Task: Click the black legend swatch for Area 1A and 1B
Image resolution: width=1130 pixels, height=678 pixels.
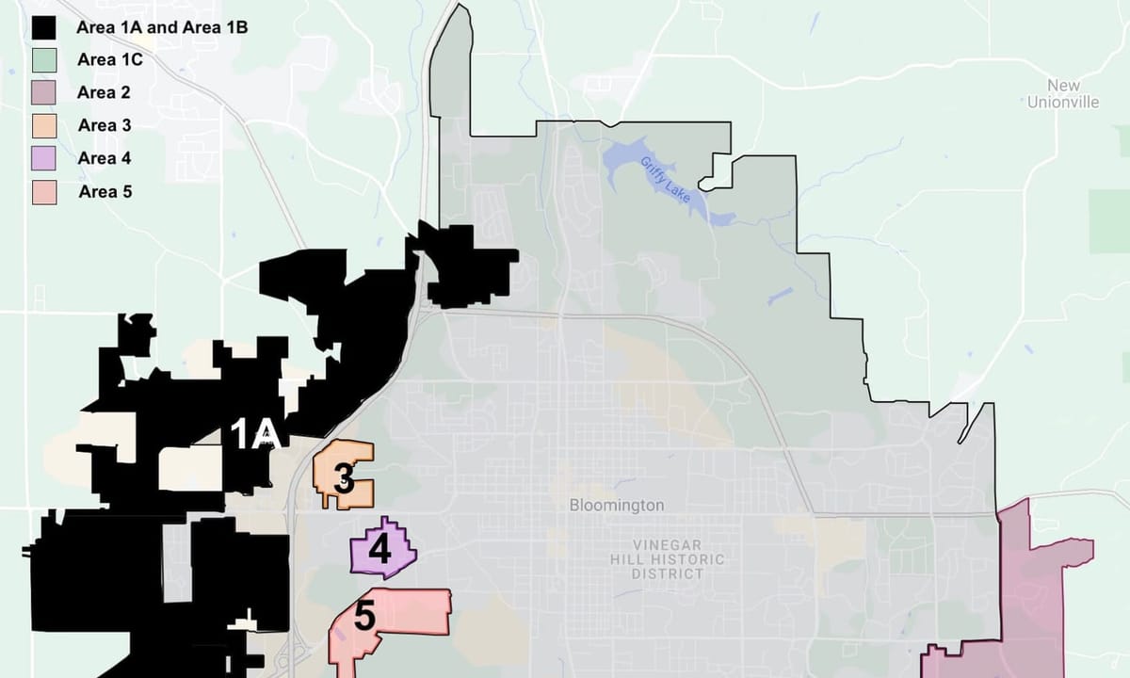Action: point(44,27)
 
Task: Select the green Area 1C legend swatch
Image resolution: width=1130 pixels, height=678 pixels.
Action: point(44,60)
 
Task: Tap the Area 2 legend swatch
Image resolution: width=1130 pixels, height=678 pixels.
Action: point(44,92)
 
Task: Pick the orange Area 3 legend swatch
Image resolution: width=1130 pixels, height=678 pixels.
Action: point(44,125)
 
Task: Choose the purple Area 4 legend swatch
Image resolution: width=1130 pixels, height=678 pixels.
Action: point(44,158)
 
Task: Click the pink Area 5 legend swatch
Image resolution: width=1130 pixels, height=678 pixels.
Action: point(44,191)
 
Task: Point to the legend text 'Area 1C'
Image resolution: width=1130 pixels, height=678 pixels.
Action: point(109,60)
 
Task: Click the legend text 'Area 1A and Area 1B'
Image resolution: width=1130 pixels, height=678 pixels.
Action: point(162,27)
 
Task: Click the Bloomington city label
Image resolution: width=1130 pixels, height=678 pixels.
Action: point(617,506)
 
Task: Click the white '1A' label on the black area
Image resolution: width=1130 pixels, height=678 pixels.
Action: point(256,434)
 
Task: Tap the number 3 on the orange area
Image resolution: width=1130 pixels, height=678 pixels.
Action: point(345,482)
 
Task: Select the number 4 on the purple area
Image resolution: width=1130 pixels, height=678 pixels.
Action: point(379,549)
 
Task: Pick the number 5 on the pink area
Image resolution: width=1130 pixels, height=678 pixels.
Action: point(364,618)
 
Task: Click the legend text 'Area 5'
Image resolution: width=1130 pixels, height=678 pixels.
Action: point(105,191)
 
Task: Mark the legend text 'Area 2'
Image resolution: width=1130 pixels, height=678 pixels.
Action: point(105,92)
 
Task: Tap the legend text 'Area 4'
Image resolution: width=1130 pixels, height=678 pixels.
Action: point(105,158)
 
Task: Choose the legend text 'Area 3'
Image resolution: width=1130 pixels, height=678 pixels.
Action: point(105,125)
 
